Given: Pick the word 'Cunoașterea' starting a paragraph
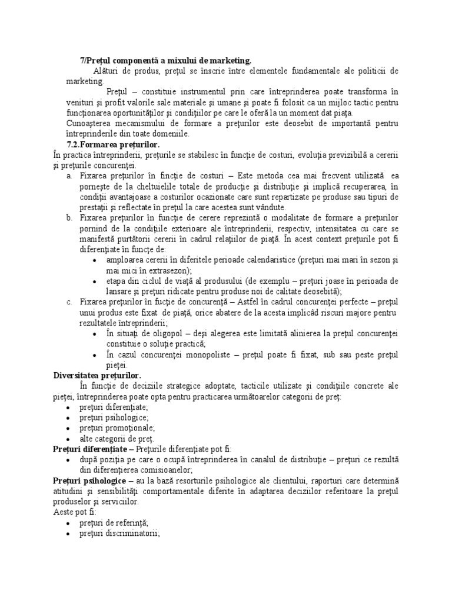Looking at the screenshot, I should point(90,123).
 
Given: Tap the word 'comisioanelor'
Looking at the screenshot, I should point(162,470).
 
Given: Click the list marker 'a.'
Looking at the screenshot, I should point(69,176).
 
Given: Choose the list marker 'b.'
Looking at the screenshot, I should point(69,218).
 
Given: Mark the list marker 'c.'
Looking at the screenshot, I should point(69,302).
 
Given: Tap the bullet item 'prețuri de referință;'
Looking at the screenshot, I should point(114,523).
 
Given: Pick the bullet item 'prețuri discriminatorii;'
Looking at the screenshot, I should point(120,534).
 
